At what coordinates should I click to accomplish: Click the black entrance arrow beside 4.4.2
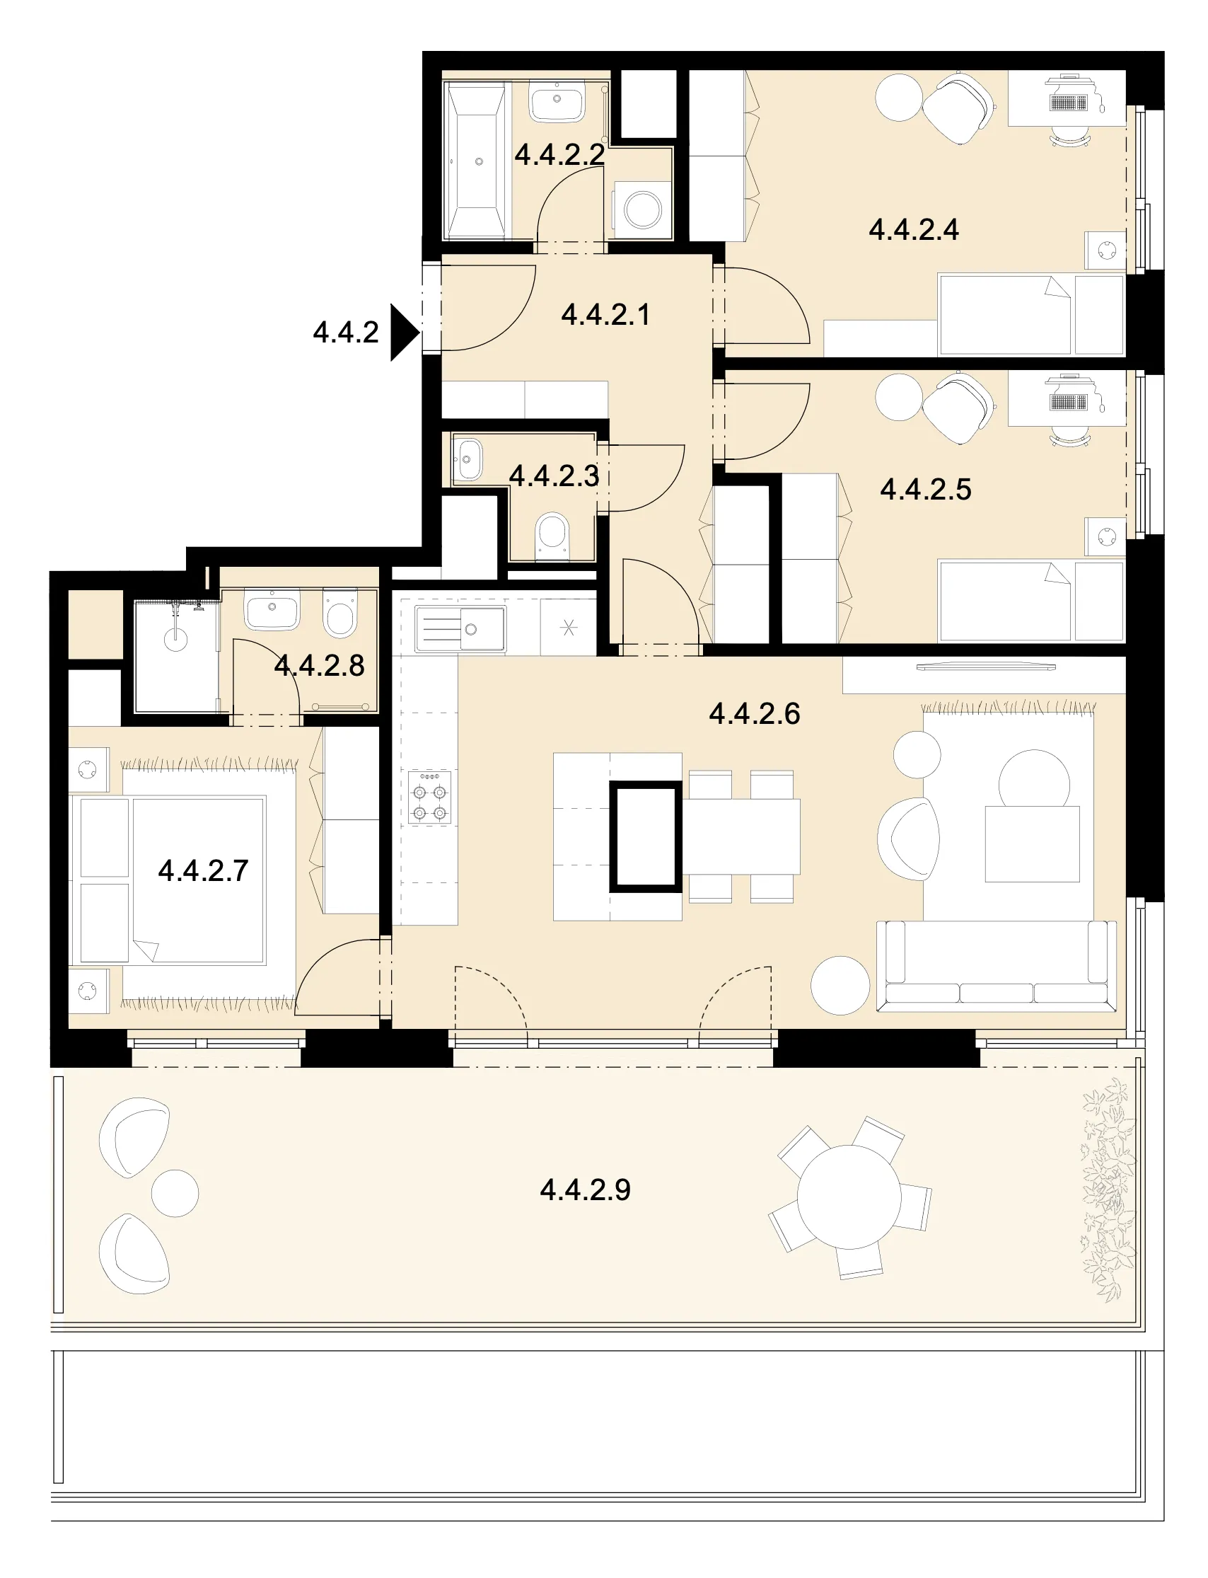[403, 332]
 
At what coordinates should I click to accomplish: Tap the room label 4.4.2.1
[605, 315]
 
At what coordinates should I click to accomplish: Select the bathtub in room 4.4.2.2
[476, 161]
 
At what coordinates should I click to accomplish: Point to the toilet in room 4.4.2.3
[552, 536]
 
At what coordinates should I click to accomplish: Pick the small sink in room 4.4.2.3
[467, 459]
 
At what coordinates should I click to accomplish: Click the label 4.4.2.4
[914, 230]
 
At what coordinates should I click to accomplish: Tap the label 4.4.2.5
[925, 490]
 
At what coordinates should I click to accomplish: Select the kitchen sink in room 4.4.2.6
[460, 629]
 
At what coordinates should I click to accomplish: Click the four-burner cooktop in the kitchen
[430, 797]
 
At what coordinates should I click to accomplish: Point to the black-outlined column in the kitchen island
[646, 836]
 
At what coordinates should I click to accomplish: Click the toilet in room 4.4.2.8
[339, 613]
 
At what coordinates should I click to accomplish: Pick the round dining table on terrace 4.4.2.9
[849, 1197]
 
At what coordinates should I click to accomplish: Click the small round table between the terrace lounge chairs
[175, 1193]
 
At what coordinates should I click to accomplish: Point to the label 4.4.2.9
[586, 1190]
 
